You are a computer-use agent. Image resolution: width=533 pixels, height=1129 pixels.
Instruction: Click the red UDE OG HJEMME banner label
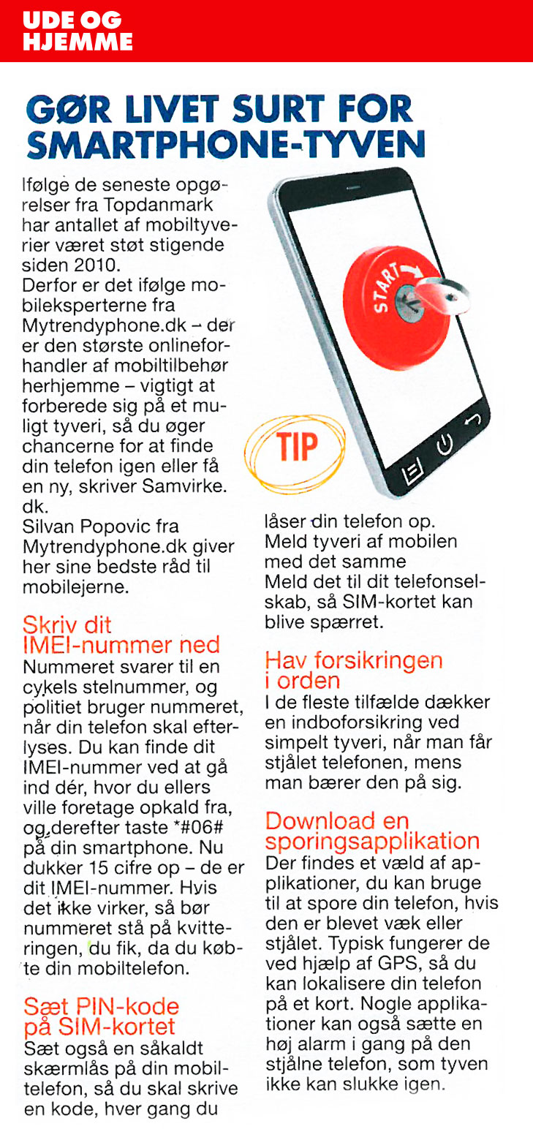pyautogui.click(x=78, y=31)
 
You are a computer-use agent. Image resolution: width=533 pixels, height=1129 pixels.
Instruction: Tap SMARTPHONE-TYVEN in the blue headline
pyautogui.click(x=225, y=145)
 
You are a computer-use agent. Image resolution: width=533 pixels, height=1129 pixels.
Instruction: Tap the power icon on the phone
pyautogui.click(x=443, y=445)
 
